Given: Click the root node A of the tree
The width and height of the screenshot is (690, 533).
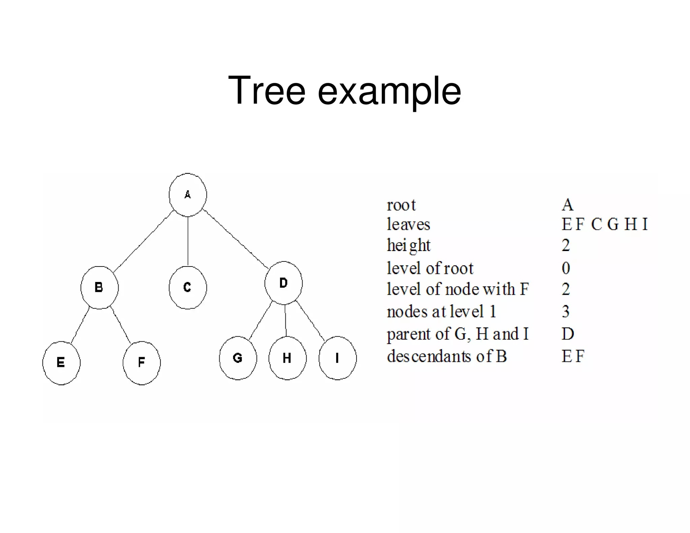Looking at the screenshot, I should [188, 195].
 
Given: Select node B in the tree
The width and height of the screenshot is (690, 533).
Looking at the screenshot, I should [99, 287].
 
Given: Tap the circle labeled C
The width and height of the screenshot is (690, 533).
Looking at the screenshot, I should [188, 287].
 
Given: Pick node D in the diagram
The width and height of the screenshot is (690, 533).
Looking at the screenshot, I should [283, 283].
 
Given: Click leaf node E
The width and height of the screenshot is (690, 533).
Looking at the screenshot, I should [61, 363].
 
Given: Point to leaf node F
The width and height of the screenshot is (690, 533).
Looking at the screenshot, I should [142, 363].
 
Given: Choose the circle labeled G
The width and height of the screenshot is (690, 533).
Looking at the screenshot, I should [238, 358].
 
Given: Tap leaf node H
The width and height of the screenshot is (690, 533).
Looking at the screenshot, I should [287, 358].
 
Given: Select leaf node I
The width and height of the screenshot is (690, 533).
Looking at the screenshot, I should [337, 358].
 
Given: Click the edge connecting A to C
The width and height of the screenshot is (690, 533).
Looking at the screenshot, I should [188, 241].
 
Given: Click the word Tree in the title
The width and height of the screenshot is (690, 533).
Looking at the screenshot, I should [266, 91].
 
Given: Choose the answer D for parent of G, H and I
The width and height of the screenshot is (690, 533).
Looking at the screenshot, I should [568, 334].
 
